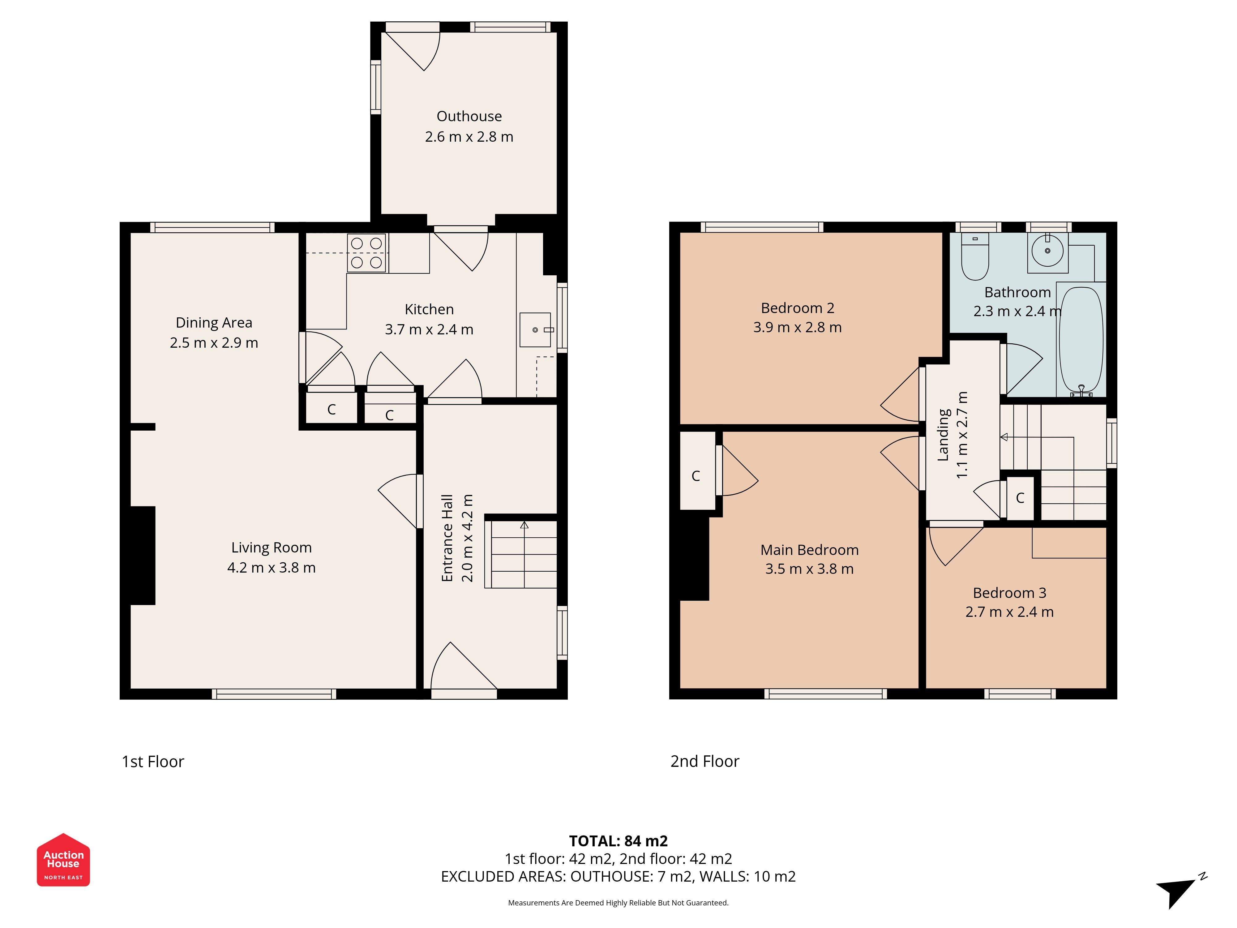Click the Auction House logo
click(63, 860)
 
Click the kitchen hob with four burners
click(367, 253)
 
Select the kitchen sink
click(536, 330)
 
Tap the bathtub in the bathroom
click(1081, 340)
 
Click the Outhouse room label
click(469, 116)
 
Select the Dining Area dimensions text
click(214, 343)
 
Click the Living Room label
click(272, 548)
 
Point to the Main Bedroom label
click(810, 550)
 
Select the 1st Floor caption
click(153, 762)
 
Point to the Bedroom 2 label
click(798, 308)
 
